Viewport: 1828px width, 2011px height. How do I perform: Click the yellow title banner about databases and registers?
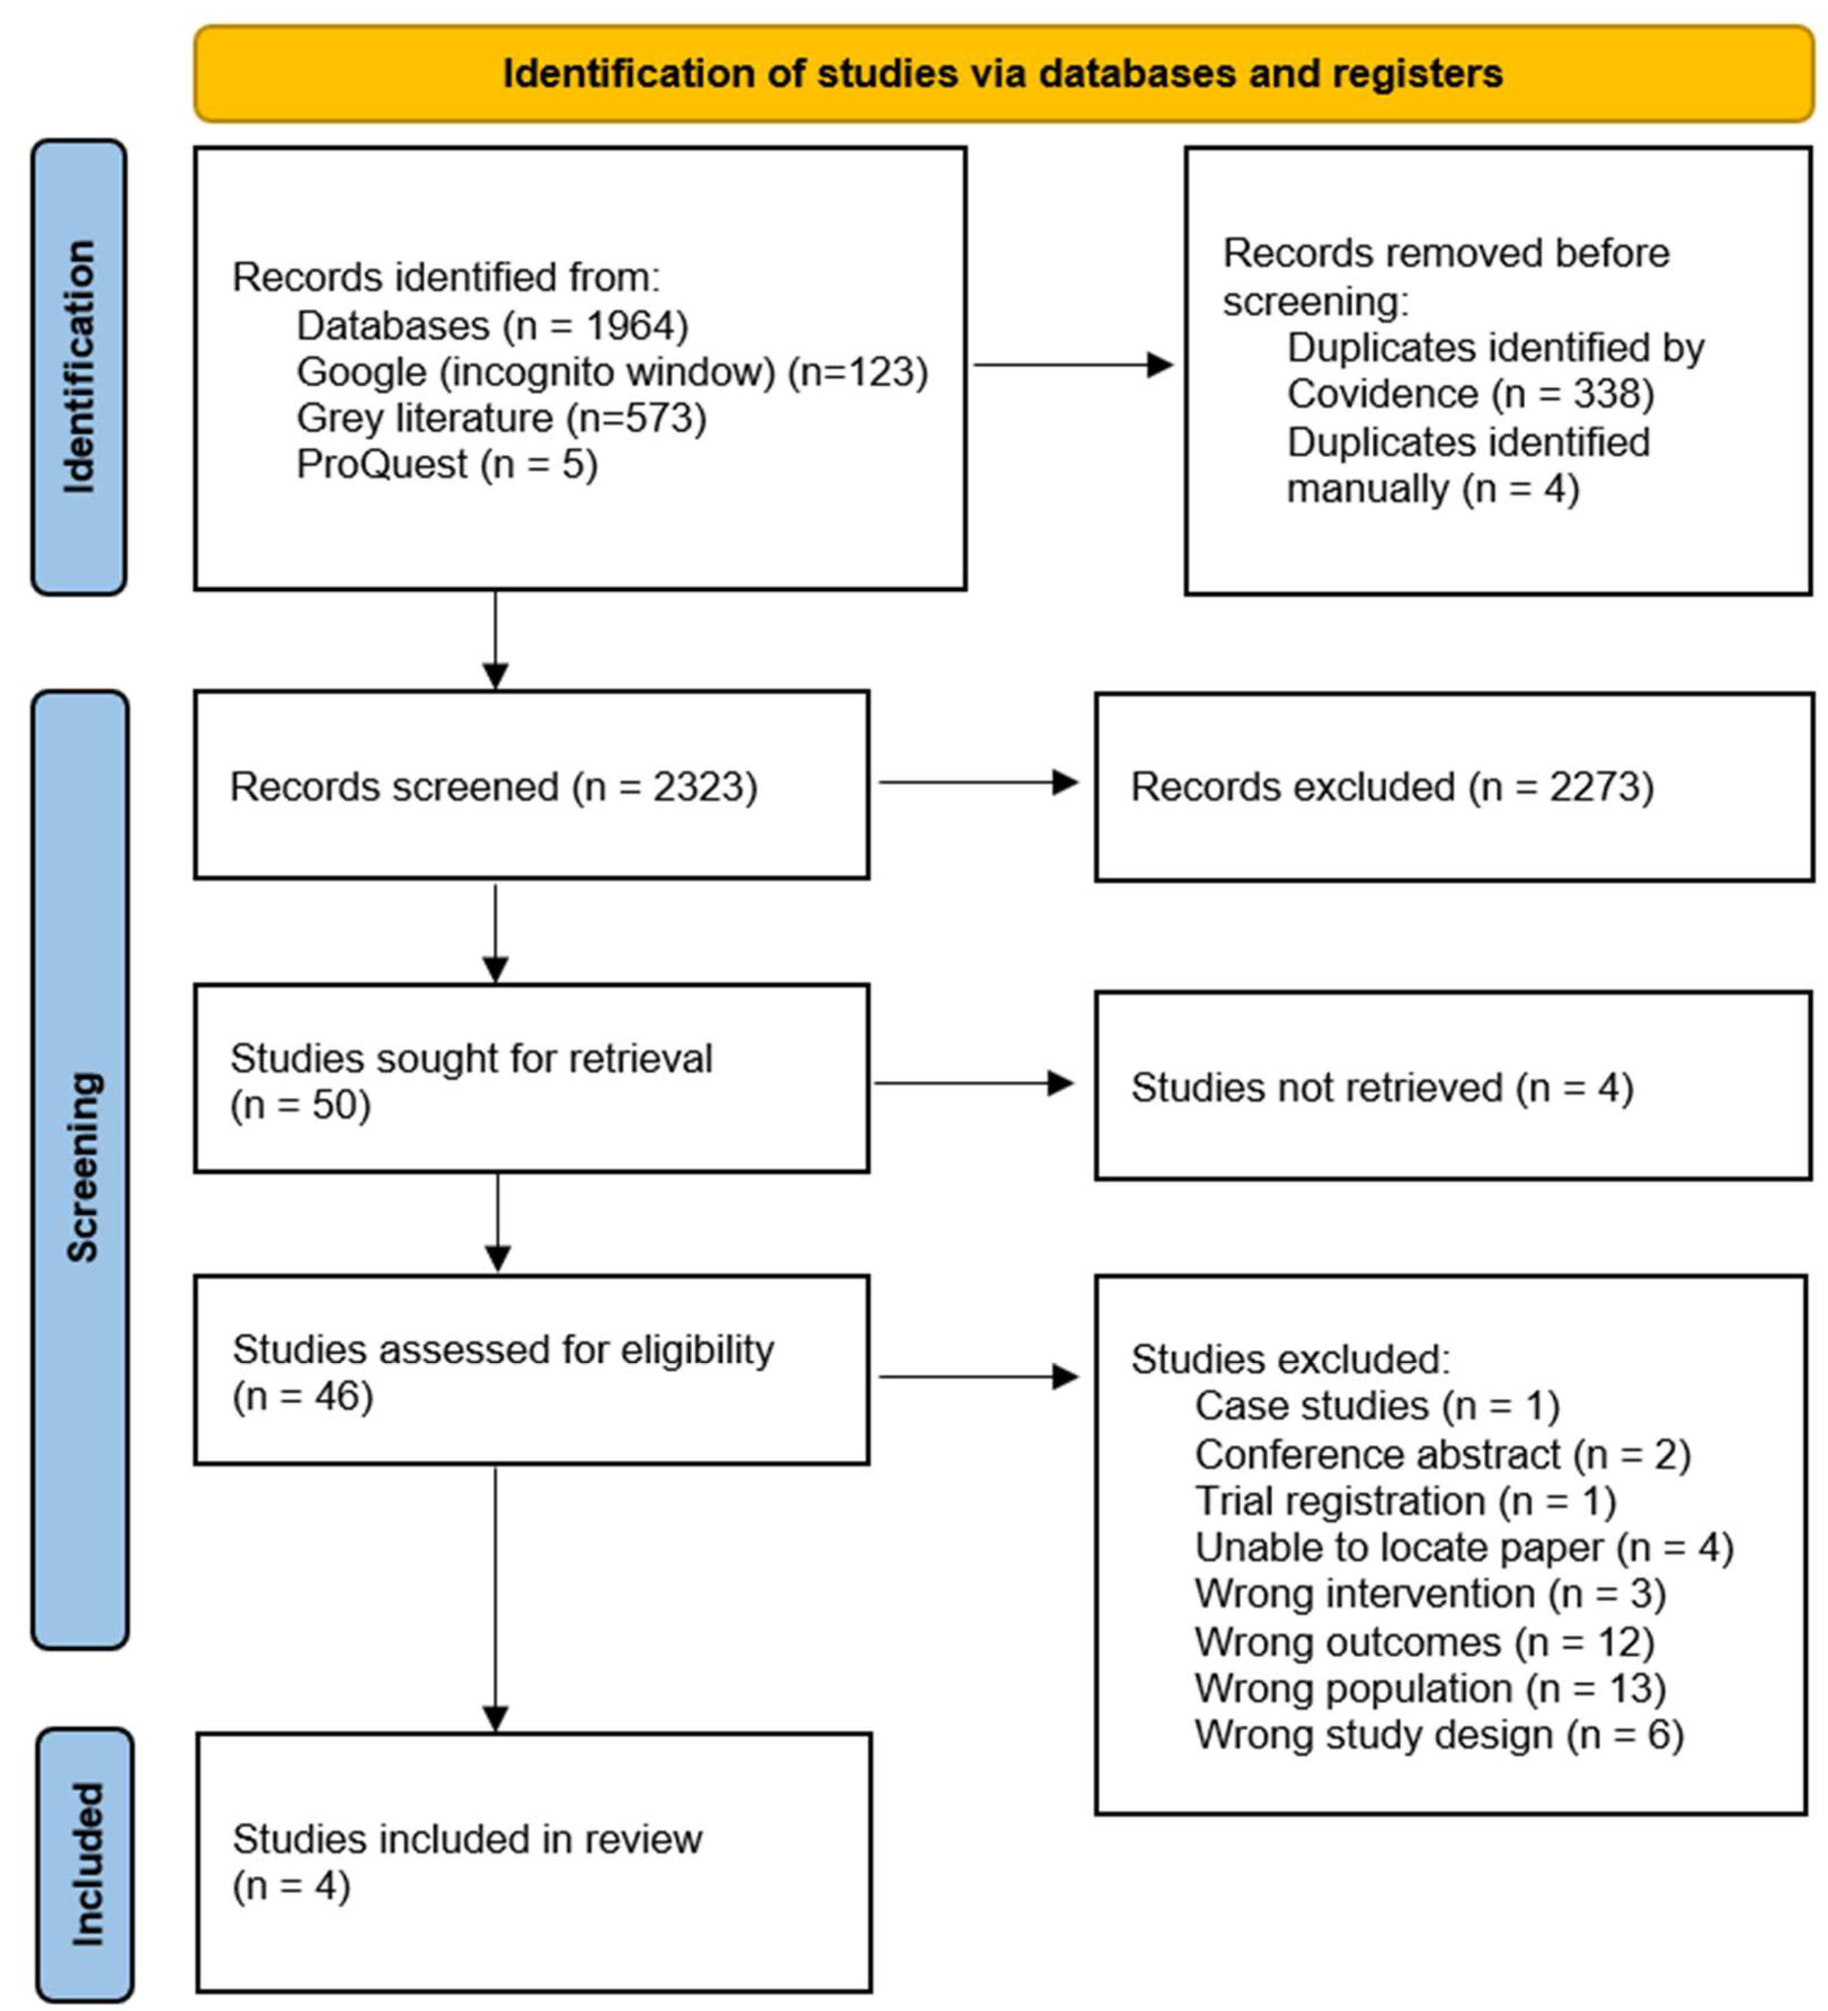[1002, 74]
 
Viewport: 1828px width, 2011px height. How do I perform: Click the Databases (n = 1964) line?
[491, 325]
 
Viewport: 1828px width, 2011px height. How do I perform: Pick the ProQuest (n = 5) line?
[447, 464]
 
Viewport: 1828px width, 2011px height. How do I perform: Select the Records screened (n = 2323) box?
[531, 785]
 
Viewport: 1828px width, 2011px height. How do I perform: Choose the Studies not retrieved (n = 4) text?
[1381, 1087]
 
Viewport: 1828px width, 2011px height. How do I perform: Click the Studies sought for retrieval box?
[531, 1078]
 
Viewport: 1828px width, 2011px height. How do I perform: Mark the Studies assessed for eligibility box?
[531, 1370]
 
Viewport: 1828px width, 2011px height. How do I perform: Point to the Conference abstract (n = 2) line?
[1442, 1454]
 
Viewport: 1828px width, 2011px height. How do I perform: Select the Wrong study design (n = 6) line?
[1438, 1735]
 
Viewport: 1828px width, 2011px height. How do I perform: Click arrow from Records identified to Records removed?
[1072, 365]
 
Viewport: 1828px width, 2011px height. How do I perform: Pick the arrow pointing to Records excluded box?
[977, 782]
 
